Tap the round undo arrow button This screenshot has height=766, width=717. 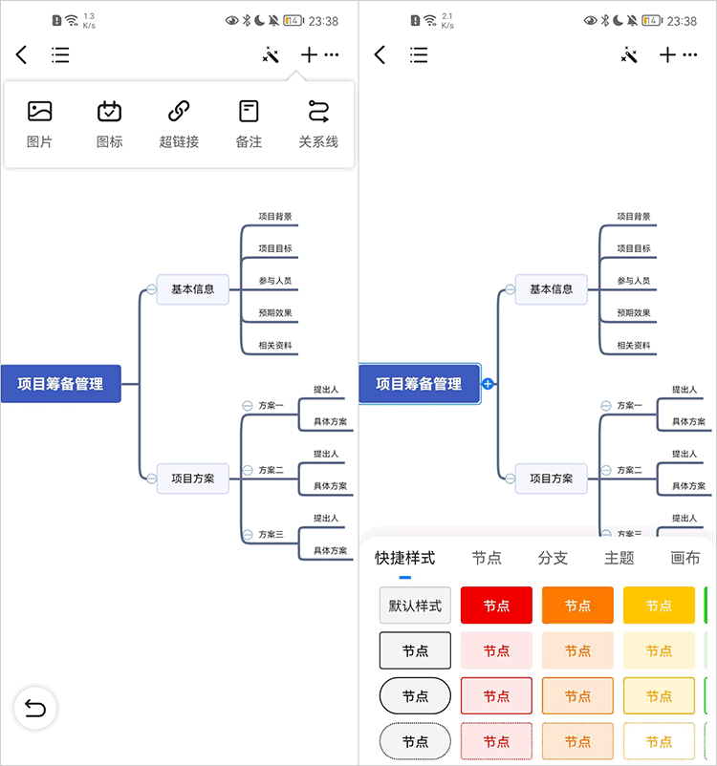point(35,708)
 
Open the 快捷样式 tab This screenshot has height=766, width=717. point(404,558)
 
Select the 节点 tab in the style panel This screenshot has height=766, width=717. point(487,558)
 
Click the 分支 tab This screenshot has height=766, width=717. point(553,558)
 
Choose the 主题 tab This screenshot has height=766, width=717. point(619,558)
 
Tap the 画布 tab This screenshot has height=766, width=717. point(684,558)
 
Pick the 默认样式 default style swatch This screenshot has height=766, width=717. point(415,606)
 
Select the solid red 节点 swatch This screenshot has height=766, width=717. point(496,606)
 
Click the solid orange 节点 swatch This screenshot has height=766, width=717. point(577,606)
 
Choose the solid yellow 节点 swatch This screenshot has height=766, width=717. point(659,606)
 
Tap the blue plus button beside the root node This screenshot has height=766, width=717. point(488,384)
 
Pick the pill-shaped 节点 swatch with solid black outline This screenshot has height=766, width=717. point(415,696)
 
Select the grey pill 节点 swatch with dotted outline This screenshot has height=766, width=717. point(415,741)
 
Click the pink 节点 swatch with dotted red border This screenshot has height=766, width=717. point(496,741)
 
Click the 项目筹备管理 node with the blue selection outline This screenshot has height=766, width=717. point(419,384)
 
